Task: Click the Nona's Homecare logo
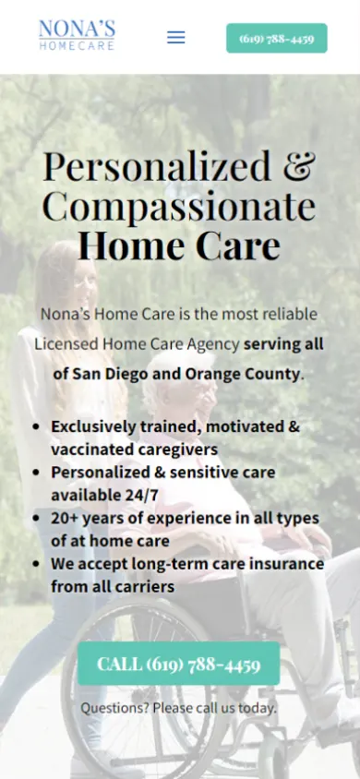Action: [77, 35]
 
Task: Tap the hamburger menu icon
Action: [175, 37]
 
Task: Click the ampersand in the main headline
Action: [299, 166]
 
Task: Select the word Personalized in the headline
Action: [157, 167]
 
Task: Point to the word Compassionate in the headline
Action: [179, 207]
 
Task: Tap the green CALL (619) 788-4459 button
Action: [179, 664]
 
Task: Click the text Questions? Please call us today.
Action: [178, 707]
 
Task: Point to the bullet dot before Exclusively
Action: [36, 426]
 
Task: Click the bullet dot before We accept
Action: [36, 564]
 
